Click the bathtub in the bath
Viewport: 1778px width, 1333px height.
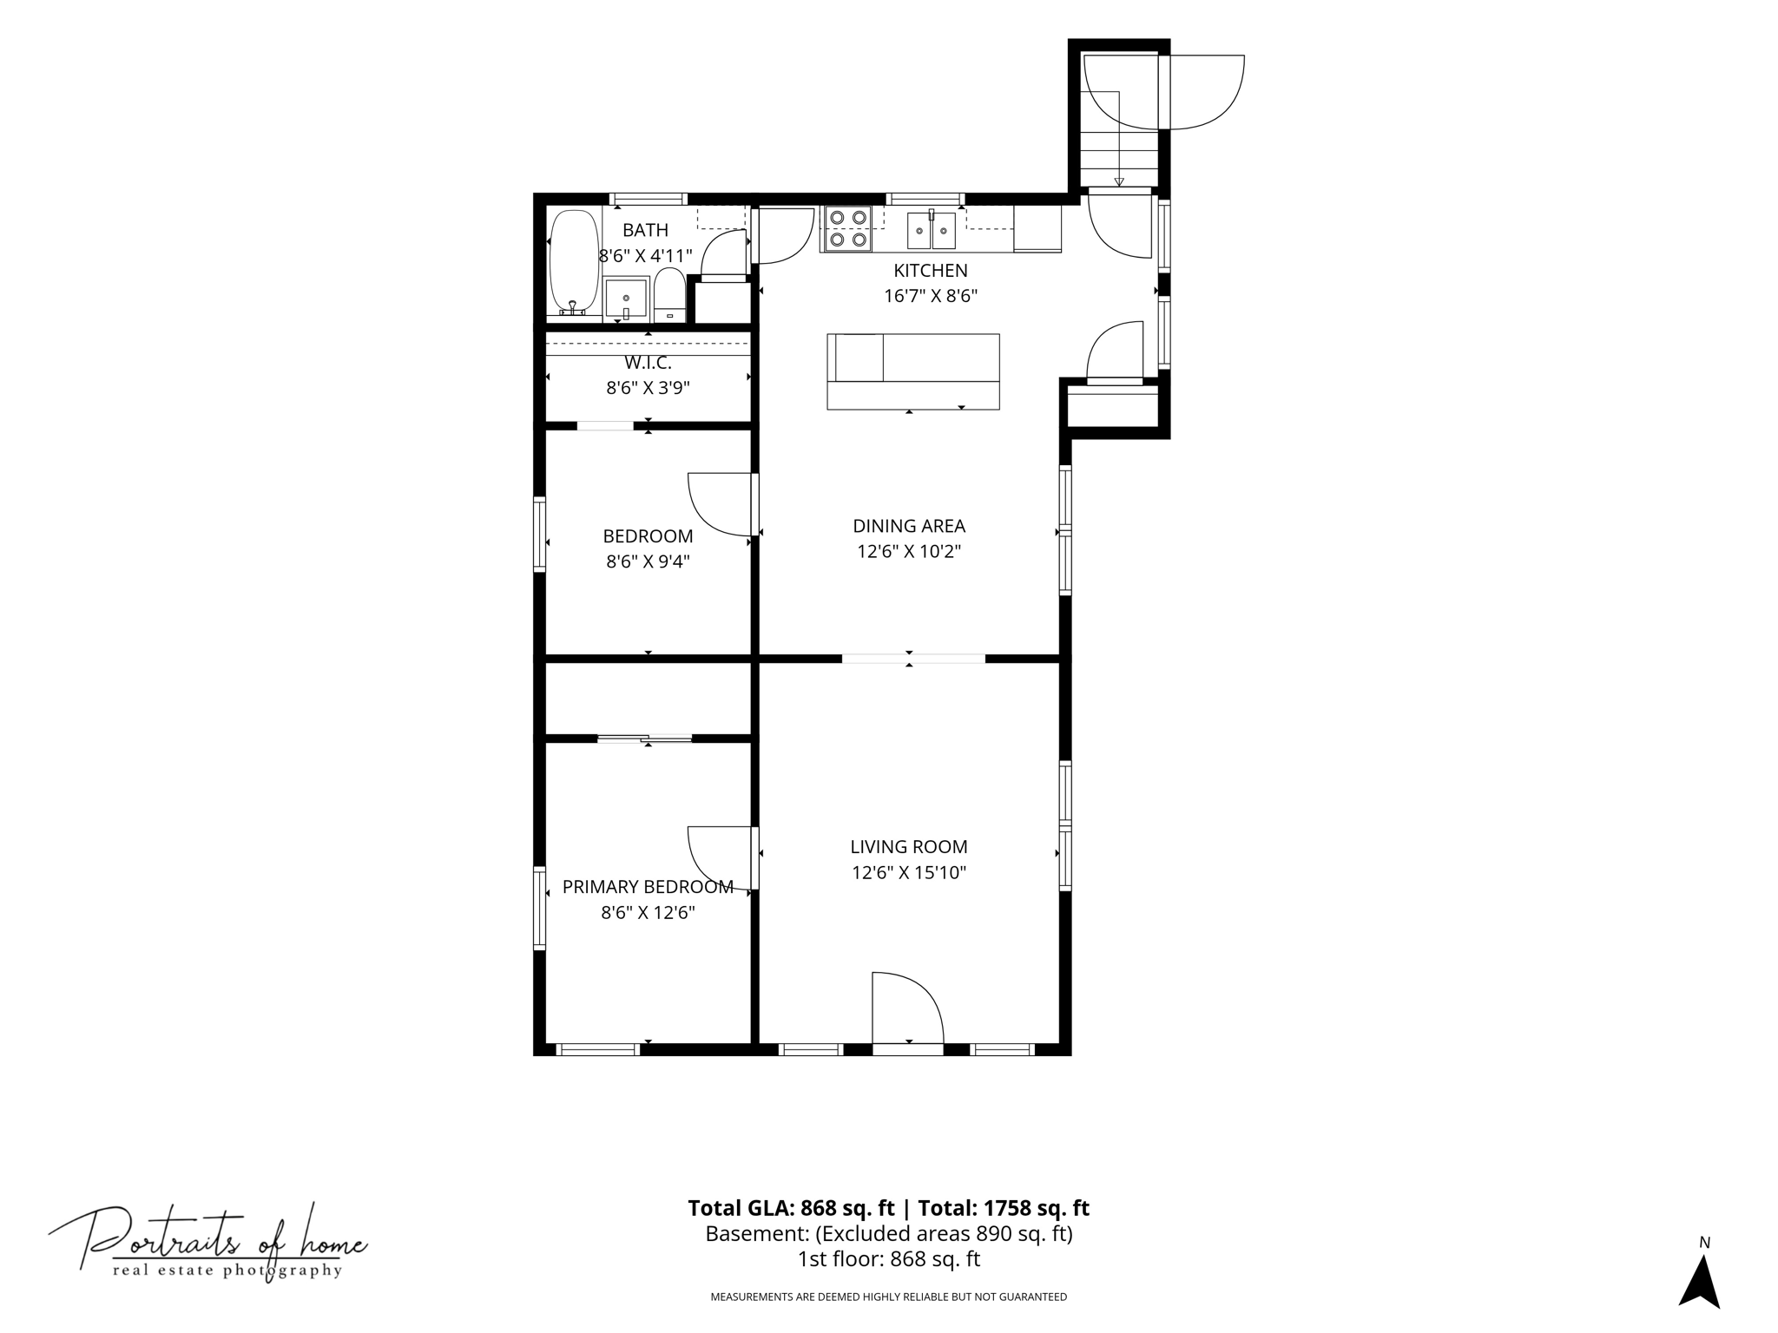[x=574, y=261]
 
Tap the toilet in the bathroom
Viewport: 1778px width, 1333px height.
[x=669, y=294]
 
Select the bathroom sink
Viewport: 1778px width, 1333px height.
[x=626, y=299]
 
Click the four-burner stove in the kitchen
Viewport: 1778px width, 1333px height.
[x=847, y=228]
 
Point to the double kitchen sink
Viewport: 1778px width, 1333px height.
[x=932, y=229]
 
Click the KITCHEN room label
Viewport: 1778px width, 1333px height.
[x=931, y=271]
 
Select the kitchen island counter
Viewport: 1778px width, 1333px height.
[x=913, y=371]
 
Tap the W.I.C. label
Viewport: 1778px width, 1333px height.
[x=648, y=363]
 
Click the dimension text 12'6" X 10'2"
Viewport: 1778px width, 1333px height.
[x=909, y=552]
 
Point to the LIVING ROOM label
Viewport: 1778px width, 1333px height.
[x=909, y=847]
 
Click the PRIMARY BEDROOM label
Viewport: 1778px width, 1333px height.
[x=648, y=887]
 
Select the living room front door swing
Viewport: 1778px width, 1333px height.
[x=907, y=1008]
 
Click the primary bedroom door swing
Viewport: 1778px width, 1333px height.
[x=719, y=857]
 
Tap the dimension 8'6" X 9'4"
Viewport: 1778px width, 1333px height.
[x=648, y=561]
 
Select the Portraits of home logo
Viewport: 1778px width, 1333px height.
[x=207, y=1244]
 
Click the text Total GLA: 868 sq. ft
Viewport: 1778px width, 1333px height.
[x=791, y=1208]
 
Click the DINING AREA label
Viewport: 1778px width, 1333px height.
[x=909, y=526]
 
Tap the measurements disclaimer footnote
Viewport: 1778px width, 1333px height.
[x=889, y=1297]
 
